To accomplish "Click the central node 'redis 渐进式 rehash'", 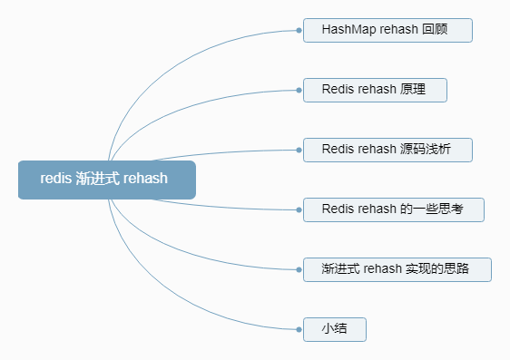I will pos(106,179).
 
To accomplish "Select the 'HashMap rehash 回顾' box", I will pos(387,30).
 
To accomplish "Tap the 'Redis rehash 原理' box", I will pos(374,90).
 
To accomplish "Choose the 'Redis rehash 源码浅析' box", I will pos(387,150).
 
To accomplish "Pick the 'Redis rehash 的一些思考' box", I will pos(393,209).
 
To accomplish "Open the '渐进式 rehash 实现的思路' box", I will pos(397,269).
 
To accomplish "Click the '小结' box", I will pos(334,329).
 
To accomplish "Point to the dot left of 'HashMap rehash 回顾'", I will pos(299,30).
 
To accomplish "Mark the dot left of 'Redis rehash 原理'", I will pos(299,90).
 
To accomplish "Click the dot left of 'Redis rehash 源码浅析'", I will pos(299,150).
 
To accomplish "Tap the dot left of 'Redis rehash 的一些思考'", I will pos(299,209).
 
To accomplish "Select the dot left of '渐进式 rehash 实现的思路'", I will pos(299,269).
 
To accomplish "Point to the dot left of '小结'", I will pos(299,329).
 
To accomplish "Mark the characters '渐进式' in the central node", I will pos(98,179).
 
